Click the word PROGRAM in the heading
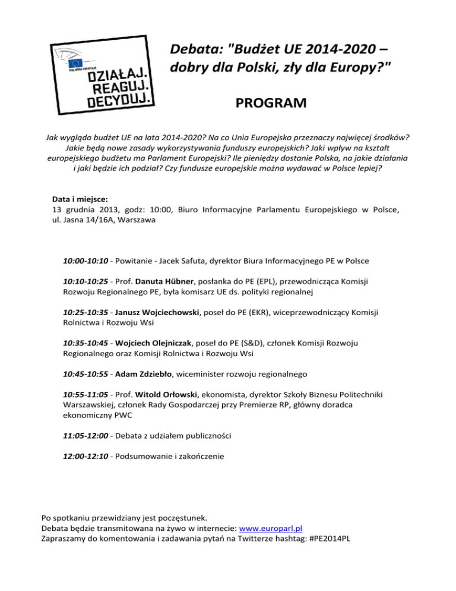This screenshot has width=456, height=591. [x=271, y=104]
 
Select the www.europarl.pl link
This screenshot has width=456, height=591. [x=271, y=529]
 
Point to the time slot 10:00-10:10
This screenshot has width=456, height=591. [x=87, y=261]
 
